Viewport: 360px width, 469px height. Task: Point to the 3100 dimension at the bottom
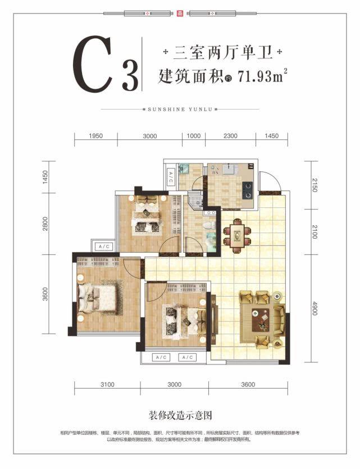point(107,385)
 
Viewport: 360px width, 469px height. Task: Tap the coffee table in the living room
point(262,320)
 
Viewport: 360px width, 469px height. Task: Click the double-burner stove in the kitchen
point(247,190)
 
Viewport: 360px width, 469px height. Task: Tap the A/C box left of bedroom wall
point(104,247)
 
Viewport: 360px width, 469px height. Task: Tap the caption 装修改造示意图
point(180,416)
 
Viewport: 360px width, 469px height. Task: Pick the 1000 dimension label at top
point(193,136)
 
